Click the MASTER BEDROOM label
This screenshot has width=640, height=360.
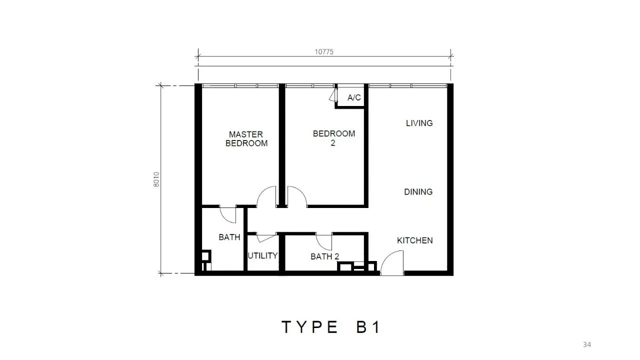click(246, 139)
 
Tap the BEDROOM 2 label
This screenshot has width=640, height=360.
click(333, 138)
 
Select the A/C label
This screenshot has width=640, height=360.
click(354, 97)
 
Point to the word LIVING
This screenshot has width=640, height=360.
click(419, 123)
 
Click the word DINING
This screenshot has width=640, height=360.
click(418, 191)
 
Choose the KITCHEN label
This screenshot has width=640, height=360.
click(415, 240)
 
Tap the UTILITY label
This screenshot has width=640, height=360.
click(262, 255)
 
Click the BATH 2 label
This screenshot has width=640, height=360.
click(324, 256)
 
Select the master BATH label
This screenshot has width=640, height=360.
click(229, 237)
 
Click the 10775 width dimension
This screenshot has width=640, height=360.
click(324, 52)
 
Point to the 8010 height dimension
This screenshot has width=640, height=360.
click(156, 179)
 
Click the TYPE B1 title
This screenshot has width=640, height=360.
click(331, 327)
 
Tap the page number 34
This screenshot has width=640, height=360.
click(587, 344)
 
